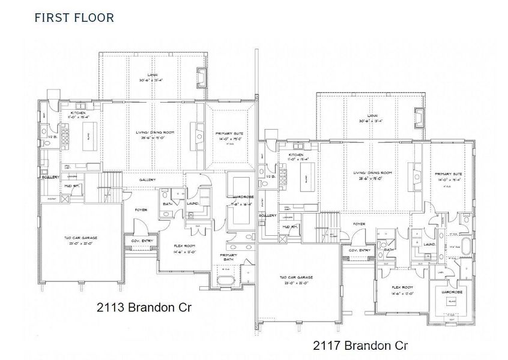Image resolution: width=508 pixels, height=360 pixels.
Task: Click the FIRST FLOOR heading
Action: tap(74, 17)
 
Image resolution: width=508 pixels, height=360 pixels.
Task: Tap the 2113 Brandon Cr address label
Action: tap(144, 308)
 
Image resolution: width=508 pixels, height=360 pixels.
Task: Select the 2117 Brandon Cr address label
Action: tap(361, 345)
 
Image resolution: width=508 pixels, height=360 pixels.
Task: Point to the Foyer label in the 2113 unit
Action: tap(141, 210)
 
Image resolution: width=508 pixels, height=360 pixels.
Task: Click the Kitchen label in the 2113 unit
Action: tap(79, 113)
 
